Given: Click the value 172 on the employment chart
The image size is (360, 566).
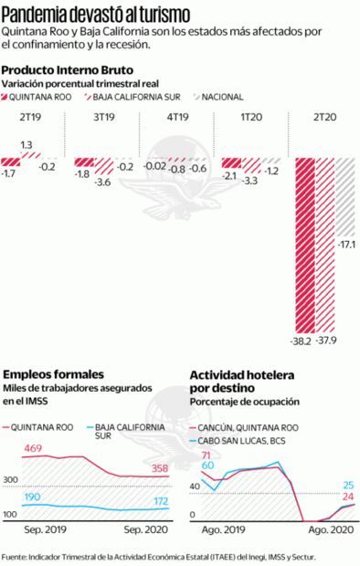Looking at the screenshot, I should point(159,502).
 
